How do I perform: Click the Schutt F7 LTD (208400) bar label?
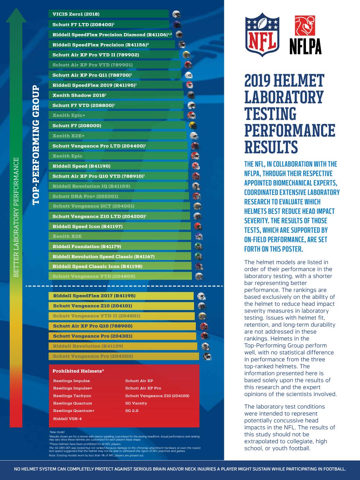pos(83,24)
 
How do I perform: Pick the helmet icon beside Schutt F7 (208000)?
pos(193,126)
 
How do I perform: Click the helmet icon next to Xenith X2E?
pos(198,237)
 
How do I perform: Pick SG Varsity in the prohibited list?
pos(136,403)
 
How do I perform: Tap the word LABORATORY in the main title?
pos(284,97)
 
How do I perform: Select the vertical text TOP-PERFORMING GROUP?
pos(35,145)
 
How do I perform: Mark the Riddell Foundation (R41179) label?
pos(86,247)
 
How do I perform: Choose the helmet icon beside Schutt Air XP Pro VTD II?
pos(186,55)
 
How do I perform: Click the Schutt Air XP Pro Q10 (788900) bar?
pos(122,326)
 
